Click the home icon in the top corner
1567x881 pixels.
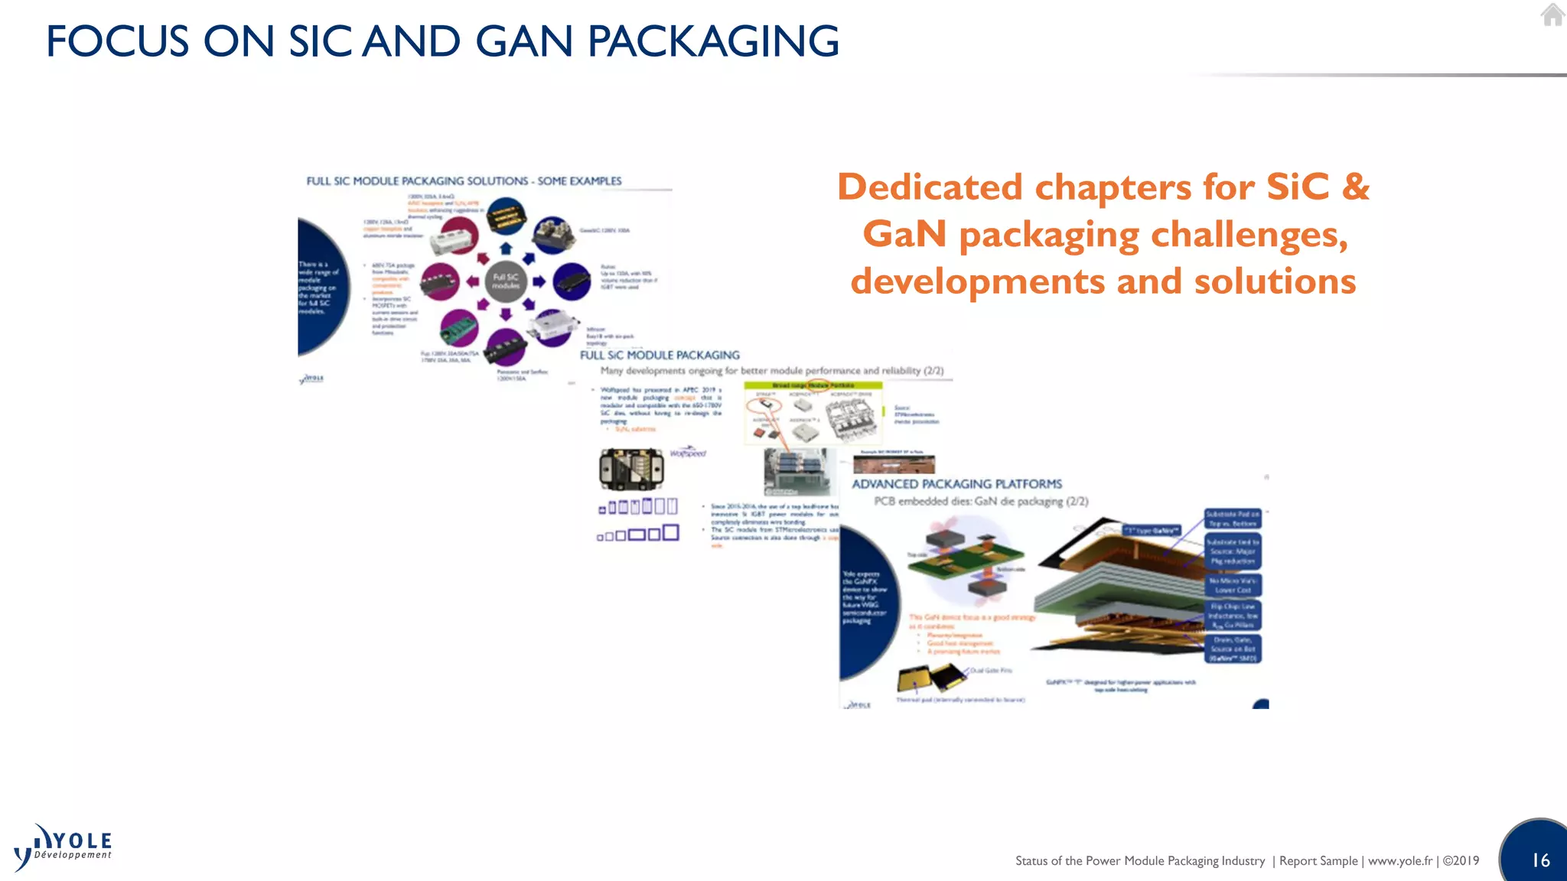[1552, 15]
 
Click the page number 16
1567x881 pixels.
[1540, 860]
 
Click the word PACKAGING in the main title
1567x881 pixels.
[713, 41]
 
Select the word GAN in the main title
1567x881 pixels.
[524, 41]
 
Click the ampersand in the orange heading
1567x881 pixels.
[1355, 187]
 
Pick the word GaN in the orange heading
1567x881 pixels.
[904, 234]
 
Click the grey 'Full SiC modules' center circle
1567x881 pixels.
[505, 281]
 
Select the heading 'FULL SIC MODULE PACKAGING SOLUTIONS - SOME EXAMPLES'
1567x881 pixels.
[464, 181]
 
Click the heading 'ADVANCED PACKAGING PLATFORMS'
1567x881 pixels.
[956, 484]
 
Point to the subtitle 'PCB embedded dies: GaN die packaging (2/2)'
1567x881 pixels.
[981, 502]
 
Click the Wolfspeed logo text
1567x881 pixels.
[688, 453]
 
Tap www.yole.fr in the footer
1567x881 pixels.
[1399, 861]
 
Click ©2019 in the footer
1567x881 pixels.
[1461, 861]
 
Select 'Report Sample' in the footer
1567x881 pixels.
[1318, 861]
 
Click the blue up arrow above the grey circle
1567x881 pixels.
[505, 249]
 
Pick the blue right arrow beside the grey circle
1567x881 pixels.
[539, 281]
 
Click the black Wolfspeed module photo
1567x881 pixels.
[631, 469]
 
